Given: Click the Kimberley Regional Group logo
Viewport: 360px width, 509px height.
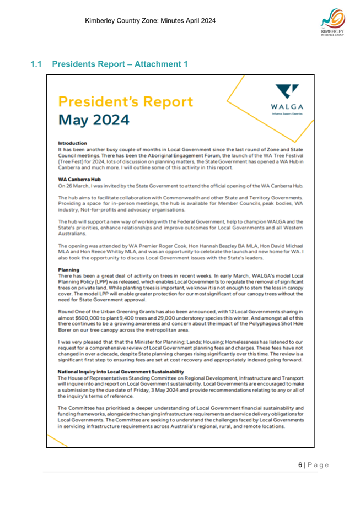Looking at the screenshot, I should pyautogui.click(x=333, y=24).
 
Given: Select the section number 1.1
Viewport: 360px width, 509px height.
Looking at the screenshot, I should pyautogui.click(x=37, y=64).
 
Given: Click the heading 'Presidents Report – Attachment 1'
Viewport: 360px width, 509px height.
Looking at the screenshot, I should pyautogui.click(x=120, y=64).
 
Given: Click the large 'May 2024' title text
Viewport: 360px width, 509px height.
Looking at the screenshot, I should pyautogui.click(x=94, y=119).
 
